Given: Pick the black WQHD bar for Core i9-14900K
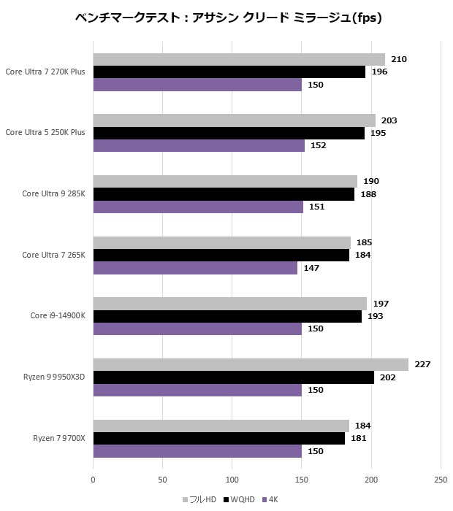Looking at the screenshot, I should (227, 316).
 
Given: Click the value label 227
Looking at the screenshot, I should (422, 364).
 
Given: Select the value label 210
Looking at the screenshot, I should (398, 60).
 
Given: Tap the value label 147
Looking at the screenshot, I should (311, 268).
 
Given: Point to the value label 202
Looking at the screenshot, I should (387, 377).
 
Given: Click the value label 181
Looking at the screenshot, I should (358, 438).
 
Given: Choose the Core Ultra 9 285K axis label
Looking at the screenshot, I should (53, 194).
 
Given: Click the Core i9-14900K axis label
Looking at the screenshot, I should (58, 316).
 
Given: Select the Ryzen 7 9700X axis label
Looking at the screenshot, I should (59, 438).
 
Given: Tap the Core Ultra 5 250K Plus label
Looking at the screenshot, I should (45, 133).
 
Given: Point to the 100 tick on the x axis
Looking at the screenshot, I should (232, 480).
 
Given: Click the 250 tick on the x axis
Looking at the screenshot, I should (441, 480).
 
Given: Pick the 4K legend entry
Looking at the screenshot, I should (269, 500).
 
